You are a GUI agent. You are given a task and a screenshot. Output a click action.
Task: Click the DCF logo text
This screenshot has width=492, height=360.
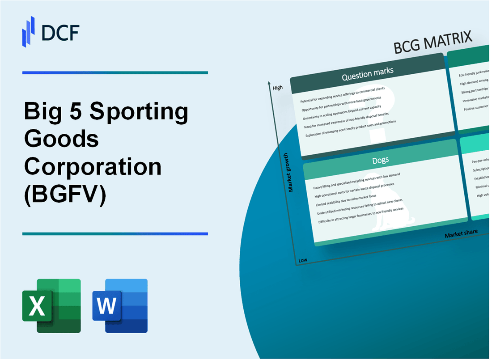[x=60, y=32]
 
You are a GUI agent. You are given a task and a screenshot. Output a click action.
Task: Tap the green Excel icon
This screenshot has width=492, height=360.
[x=51, y=305]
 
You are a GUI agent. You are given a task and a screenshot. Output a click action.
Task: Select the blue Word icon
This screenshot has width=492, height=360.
[x=120, y=305]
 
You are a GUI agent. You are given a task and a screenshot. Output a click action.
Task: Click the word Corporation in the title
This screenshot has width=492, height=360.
[x=93, y=167]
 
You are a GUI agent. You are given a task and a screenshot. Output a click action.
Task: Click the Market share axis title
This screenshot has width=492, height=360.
[x=461, y=233]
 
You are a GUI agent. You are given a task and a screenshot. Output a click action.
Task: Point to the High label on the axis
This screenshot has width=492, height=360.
[x=278, y=88]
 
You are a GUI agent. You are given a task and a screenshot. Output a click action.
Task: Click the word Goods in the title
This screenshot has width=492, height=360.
[x=62, y=140]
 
